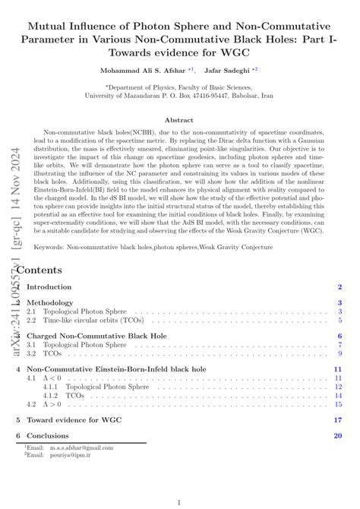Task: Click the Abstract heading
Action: pyautogui.click(x=179, y=120)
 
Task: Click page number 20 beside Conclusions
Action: pyautogui.click(x=338, y=435)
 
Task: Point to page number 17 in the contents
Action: pyautogui.click(x=338, y=419)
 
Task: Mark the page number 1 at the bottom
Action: pyautogui.click(x=179, y=501)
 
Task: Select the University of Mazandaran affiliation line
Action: pyautogui.click(x=179, y=96)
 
